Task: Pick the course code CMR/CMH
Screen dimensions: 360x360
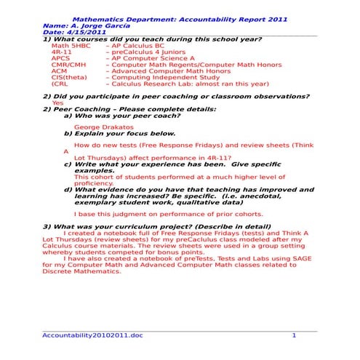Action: [68, 65]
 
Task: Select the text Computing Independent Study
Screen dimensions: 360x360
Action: [161, 77]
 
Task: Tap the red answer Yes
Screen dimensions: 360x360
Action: [57, 103]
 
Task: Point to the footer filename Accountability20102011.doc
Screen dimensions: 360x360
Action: [93, 335]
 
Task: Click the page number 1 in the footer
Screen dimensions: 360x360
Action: [294, 335]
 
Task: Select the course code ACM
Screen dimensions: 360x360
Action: [60, 71]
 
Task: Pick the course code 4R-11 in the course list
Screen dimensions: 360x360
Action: [61, 52]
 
